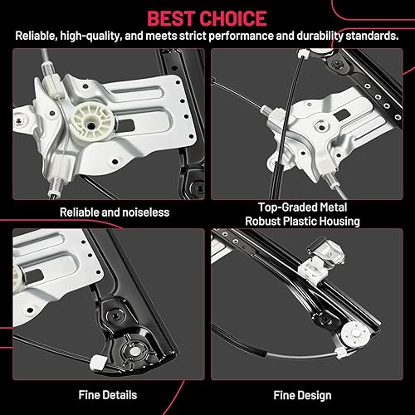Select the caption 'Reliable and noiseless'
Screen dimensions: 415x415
[x=115, y=212]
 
